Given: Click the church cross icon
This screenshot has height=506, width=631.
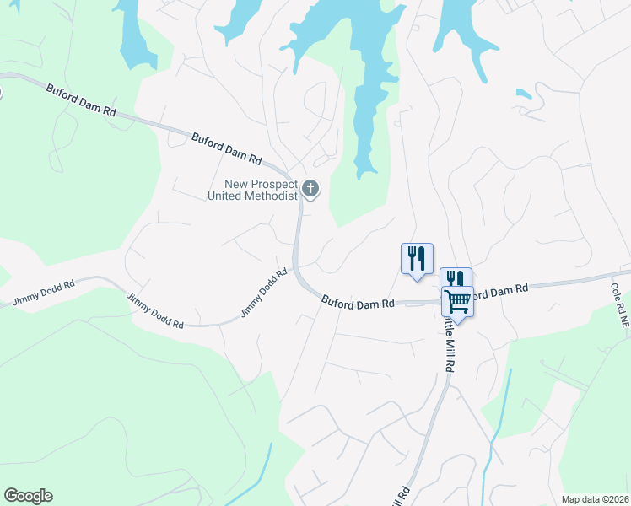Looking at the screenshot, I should coord(310,188).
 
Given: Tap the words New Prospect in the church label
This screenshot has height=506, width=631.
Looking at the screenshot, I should coord(262,185).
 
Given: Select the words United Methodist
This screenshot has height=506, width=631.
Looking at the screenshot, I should coord(253,196).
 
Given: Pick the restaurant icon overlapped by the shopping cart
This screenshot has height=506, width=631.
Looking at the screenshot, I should coord(454,278).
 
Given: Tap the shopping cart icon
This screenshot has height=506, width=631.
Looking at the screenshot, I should coord(457,300).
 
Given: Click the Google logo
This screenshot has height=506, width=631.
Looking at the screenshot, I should coord(28,496).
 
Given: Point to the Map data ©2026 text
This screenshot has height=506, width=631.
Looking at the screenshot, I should coord(594,499).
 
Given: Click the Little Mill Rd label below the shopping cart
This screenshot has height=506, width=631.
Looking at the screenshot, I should coord(446,342).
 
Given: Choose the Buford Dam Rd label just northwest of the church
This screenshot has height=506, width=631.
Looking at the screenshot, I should coord(226,148).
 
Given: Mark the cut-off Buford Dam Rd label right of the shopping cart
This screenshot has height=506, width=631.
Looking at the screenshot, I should coord(498,291).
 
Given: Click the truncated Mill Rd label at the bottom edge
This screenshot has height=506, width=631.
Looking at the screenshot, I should coord(401,495).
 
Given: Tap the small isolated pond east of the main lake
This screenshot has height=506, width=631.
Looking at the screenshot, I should coord(524,94).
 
